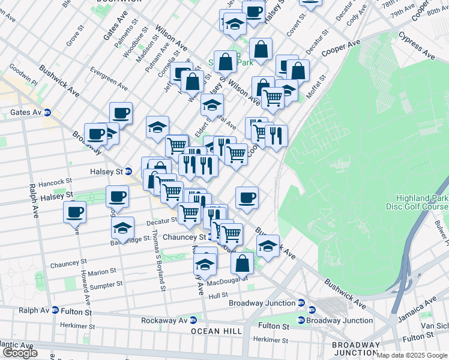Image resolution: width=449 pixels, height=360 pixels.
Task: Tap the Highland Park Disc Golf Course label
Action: tap(421, 203)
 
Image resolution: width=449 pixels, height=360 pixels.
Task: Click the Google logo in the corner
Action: tap(20, 353)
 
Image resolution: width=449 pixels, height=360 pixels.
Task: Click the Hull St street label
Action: tap(218, 295)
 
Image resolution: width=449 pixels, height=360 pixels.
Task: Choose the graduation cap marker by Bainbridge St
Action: tap(122, 228)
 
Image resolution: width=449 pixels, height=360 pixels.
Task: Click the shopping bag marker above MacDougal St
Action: tap(242, 262)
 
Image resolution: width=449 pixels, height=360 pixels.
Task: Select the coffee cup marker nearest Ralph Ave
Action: tap(74, 212)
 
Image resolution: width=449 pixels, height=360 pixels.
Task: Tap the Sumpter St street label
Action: tap(106, 284)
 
